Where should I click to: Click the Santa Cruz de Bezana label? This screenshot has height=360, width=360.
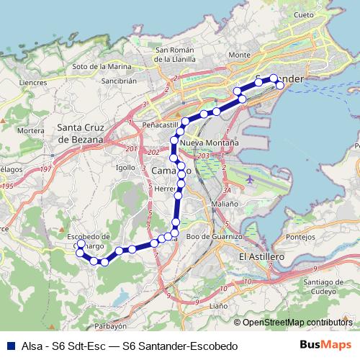pos(81,133)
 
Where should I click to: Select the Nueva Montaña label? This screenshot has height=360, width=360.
pos(210,143)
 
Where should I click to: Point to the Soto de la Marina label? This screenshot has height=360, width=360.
pos(101,67)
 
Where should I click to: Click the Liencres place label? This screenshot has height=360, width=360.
pos(33,83)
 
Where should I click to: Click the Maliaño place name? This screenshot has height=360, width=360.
pos(225,204)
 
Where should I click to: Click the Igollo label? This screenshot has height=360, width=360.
pos(125,167)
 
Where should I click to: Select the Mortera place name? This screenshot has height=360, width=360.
pos(31,130)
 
